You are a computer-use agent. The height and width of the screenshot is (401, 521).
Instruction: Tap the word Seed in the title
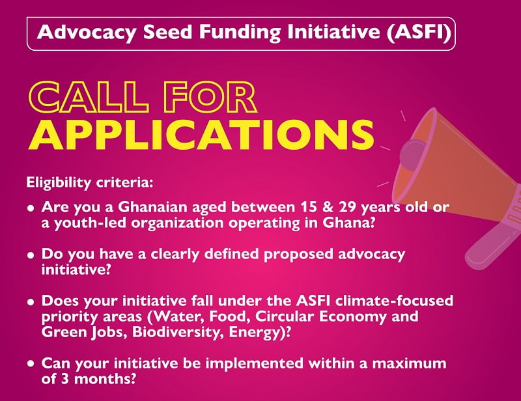click(x=168, y=33)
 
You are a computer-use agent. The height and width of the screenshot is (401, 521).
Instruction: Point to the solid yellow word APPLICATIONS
click(x=201, y=134)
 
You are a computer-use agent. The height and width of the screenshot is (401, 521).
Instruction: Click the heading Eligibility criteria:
click(x=90, y=183)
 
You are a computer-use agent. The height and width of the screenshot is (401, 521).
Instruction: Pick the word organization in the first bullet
click(x=176, y=223)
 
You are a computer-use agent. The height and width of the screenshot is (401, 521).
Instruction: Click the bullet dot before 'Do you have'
click(x=31, y=255)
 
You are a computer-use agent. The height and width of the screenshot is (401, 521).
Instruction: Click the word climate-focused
click(x=394, y=301)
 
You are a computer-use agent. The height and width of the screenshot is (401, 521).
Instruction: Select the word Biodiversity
click(x=178, y=332)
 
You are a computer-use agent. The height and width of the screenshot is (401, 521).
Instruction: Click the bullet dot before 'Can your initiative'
click(x=31, y=364)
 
